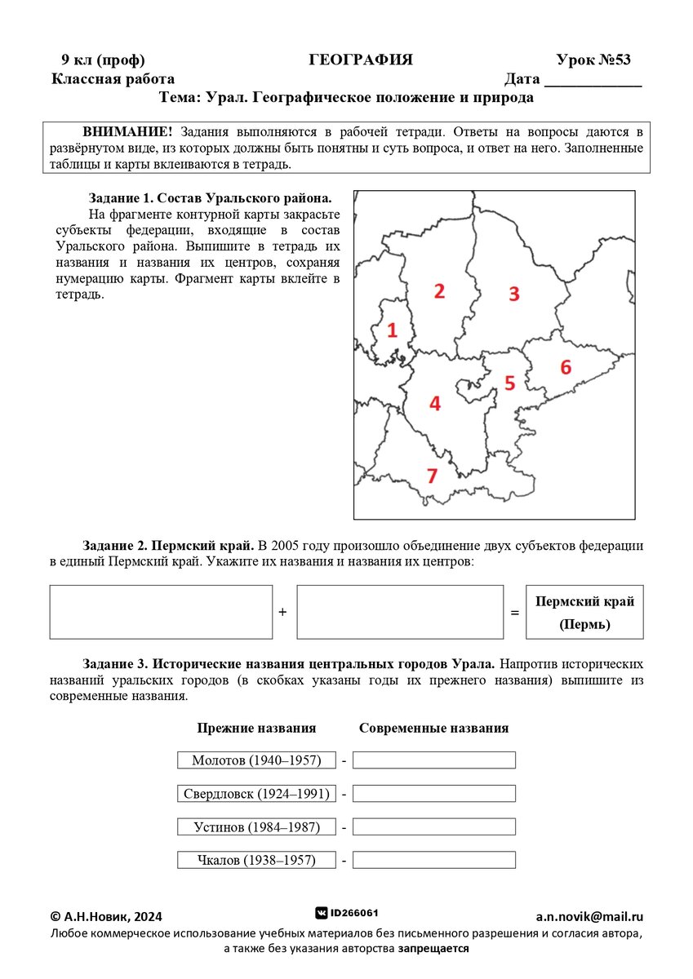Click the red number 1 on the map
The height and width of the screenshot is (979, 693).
pyautogui.click(x=392, y=330)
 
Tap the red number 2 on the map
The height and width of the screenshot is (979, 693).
pyautogui.click(x=439, y=291)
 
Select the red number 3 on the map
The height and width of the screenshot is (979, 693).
pyautogui.click(x=513, y=295)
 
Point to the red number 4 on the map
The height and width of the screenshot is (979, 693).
pyautogui.click(x=435, y=403)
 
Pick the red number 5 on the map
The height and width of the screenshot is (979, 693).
pyautogui.click(x=509, y=383)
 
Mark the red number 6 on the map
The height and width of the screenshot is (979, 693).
pyautogui.click(x=566, y=367)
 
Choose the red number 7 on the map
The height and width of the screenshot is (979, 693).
pyautogui.click(x=432, y=476)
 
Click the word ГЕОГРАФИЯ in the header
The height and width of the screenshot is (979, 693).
pyautogui.click(x=361, y=60)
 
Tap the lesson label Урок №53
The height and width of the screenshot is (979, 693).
pyautogui.click(x=593, y=60)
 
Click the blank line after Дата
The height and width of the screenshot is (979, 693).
pyautogui.click(x=593, y=81)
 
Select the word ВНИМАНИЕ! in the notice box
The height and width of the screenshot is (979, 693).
pyautogui.click(x=128, y=132)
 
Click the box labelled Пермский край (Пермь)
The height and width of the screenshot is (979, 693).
pyautogui.click(x=584, y=612)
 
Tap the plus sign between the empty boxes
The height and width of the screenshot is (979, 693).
pyautogui.click(x=283, y=612)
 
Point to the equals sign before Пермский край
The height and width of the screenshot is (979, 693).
pyautogui.click(x=514, y=612)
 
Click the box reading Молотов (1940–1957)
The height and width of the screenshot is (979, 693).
pyautogui.click(x=256, y=760)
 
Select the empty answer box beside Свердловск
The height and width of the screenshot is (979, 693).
pyautogui.click(x=433, y=794)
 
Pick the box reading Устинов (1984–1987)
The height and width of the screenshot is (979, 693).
pyautogui.click(x=256, y=827)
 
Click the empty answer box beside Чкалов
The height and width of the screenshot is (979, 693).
pyautogui.click(x=433, y=860)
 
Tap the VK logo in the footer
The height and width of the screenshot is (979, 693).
pyautogui.click(x=322, y=913)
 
